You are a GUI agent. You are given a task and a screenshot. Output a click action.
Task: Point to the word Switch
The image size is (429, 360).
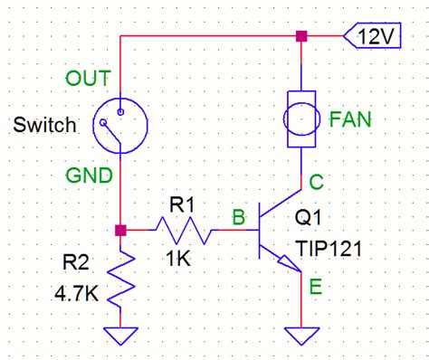(x=43, y=125)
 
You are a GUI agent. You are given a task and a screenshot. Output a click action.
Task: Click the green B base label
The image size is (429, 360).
(x=238, y=217)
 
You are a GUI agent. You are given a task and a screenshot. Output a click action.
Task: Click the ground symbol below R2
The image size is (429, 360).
(x=120, y=334)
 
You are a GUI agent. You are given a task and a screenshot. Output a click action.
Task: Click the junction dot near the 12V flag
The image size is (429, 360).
(x=302, y=37)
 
